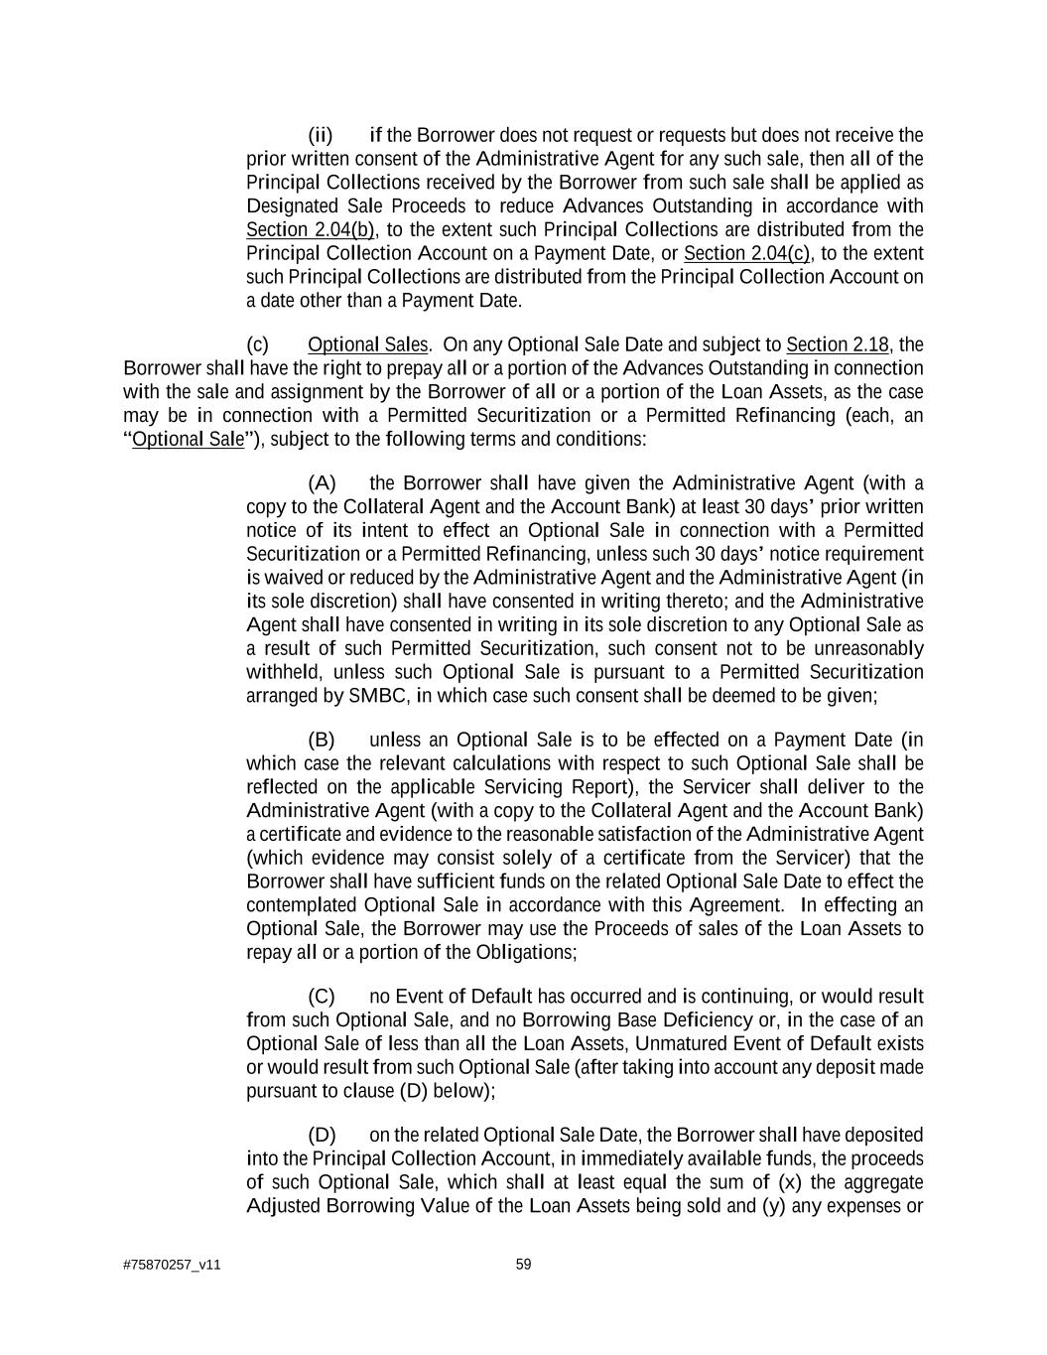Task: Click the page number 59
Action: click(523, 1265)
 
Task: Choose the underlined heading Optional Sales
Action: click(368, 345)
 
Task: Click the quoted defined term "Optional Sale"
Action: click(188, 440)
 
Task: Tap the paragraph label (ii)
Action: click(321, 135)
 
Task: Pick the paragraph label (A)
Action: click(322, 483)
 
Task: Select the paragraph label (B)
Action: click(322, 741)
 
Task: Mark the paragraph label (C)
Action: click(322, 997)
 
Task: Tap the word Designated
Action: click(293, 206)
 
